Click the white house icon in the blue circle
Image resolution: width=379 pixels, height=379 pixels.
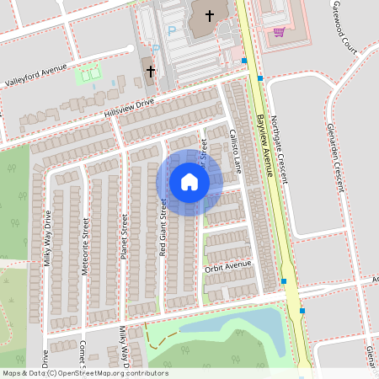point(189,181)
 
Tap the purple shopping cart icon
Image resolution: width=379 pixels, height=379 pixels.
point(279,32)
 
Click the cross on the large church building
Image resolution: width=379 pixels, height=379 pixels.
point(209,14)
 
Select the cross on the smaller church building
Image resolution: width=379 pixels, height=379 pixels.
point(152,72)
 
